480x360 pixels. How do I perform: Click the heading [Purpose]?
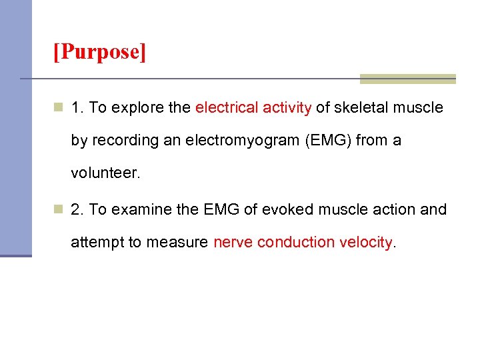(99, 51)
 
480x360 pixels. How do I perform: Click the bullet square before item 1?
(59, 108)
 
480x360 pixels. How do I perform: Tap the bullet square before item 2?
(59, 209)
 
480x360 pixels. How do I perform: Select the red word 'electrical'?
(226, 108)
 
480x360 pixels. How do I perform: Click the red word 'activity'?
(285, 108)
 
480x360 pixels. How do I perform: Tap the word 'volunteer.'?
(106, 173)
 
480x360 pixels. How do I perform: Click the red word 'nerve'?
(233, 242)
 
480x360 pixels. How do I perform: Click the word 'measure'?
(182, 242)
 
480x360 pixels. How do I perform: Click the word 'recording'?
(119, 141)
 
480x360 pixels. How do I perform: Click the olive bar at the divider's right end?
(407, 79)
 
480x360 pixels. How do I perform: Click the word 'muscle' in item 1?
(420, 108)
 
